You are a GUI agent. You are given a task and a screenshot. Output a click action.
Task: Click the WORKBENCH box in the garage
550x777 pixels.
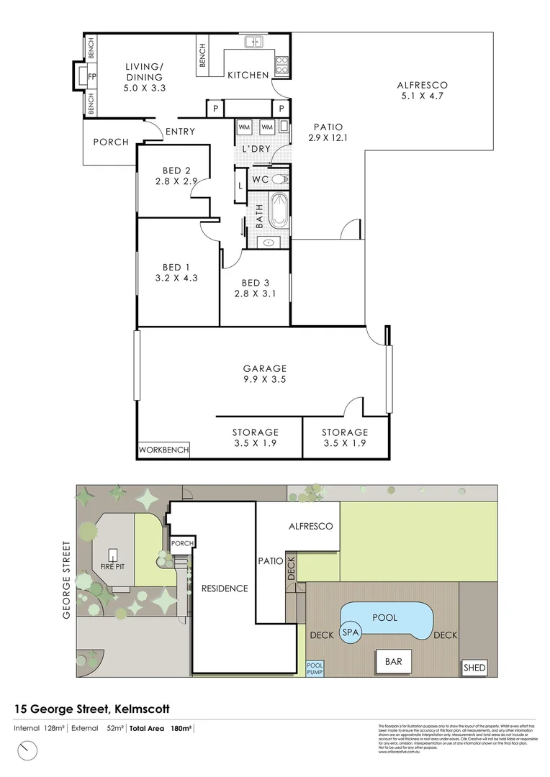point(164,450)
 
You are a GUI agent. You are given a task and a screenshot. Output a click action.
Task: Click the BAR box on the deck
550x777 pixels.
point(393,661)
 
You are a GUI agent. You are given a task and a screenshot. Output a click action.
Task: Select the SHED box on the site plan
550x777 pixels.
point(474,668)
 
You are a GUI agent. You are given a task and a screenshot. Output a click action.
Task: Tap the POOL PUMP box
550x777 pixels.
point(315,669)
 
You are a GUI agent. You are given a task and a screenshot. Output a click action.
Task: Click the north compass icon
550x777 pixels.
point(28,751)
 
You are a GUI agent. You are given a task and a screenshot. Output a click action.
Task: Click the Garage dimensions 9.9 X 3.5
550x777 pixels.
point(265,379)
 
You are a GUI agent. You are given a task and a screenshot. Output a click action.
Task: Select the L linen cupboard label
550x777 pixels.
point(240,186)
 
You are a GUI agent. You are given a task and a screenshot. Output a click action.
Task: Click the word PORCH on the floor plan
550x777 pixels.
point(111,142)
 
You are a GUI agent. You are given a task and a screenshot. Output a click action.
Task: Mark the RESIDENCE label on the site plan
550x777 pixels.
point(224,588)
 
